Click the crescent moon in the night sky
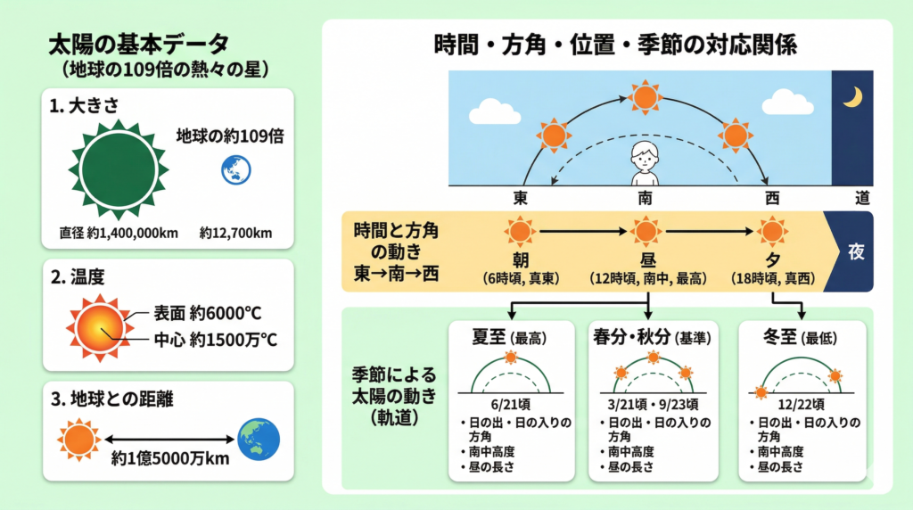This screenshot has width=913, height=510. [x=854, y=98]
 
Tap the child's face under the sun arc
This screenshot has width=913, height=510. [x=645, y=157]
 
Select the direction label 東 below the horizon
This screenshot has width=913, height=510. [x=520, y=199]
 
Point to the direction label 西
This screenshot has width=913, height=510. [x=772, y=199]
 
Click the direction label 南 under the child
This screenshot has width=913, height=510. [x=645, y=199]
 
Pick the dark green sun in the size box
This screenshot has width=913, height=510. [x=119, y=170]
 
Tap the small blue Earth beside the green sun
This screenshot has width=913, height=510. [x=235, y=170]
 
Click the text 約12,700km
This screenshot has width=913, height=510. [x=235, y=234]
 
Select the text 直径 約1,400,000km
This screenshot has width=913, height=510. [x=119, y=234]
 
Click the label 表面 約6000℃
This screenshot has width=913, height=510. [x=207, y=313]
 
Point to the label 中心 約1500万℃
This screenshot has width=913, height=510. [x=215, y=340]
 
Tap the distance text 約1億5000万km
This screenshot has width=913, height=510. [x=170, y=459]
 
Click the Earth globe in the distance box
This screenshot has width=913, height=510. [x=259, y=440]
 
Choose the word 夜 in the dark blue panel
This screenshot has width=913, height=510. [x=856, y=252]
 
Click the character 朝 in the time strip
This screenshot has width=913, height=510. [x=520, y=260]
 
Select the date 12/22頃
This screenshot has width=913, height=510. [x=802, y=405]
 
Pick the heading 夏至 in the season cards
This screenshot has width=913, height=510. [x=489, y=336]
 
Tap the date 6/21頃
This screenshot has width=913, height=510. [x=511, y=405]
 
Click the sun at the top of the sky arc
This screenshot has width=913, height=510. [x=645, y=97]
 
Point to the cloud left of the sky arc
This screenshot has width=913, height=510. [x=494, y=111]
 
